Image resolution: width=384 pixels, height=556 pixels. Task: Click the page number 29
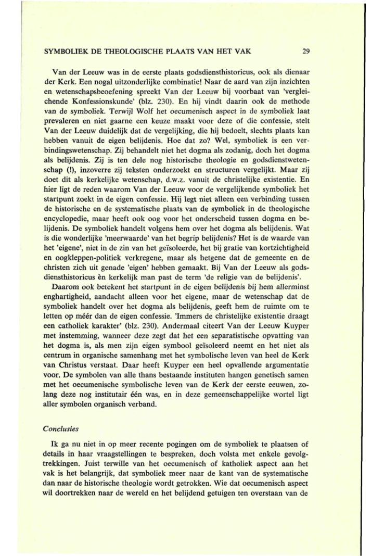click(306, 52)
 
